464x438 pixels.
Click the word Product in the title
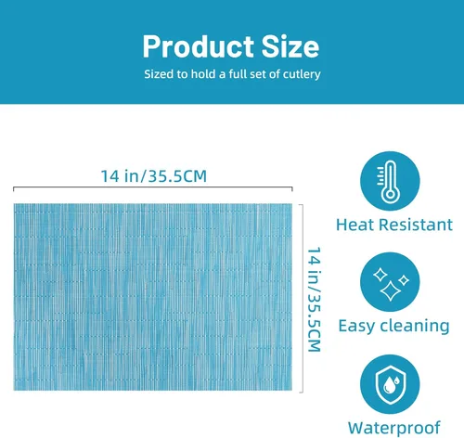(199, 47)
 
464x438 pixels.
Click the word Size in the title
(290, 46)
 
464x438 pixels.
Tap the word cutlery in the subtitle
(302, 74)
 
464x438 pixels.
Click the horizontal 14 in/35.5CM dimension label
(154, 176)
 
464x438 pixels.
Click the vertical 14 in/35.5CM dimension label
(314, 300)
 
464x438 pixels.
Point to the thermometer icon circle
(390, 181)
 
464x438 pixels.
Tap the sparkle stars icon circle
(390, 282)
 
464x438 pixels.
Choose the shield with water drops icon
(391, 384)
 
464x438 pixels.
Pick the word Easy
(356, 327)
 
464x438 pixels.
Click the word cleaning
(415, 326)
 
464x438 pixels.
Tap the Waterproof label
(393, 429)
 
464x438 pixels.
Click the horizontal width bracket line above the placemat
(153, 187)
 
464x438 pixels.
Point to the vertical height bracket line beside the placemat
(302, 299)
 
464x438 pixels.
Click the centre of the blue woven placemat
(153, 297)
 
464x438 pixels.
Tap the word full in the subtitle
(238, 74)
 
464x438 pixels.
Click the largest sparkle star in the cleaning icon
(391, 291)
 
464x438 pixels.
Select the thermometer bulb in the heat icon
(390, 195)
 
